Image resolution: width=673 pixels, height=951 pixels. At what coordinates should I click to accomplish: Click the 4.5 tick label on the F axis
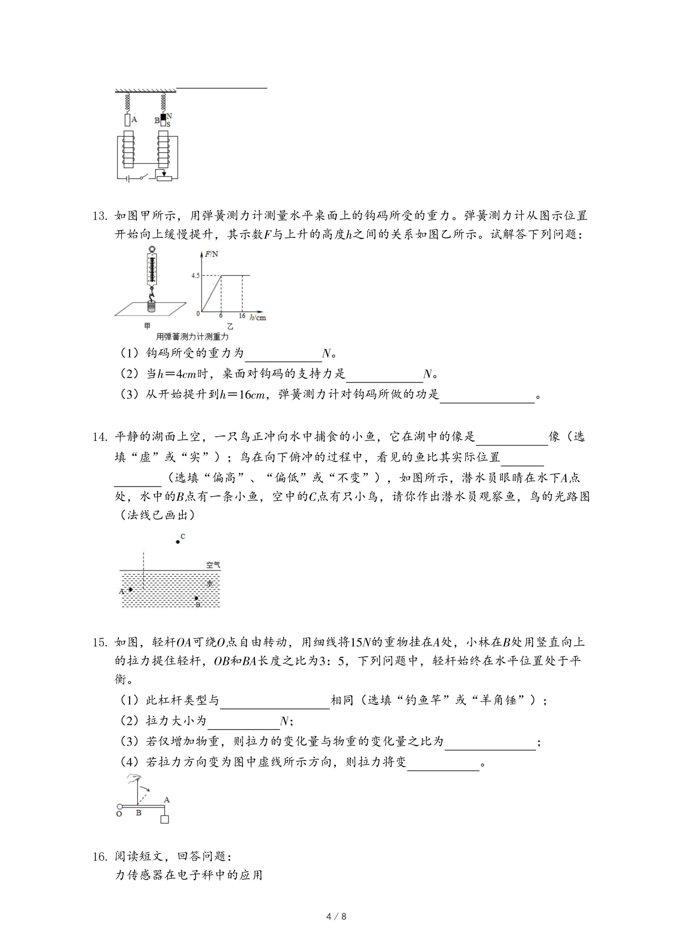click(x=195, y=275)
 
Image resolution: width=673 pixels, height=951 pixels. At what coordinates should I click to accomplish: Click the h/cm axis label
click(x=258, y=318)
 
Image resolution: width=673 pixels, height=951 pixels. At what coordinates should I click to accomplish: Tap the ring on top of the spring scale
click(x=152, y=250)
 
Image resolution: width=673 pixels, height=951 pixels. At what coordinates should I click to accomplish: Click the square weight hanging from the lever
click(x=164, y=819)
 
